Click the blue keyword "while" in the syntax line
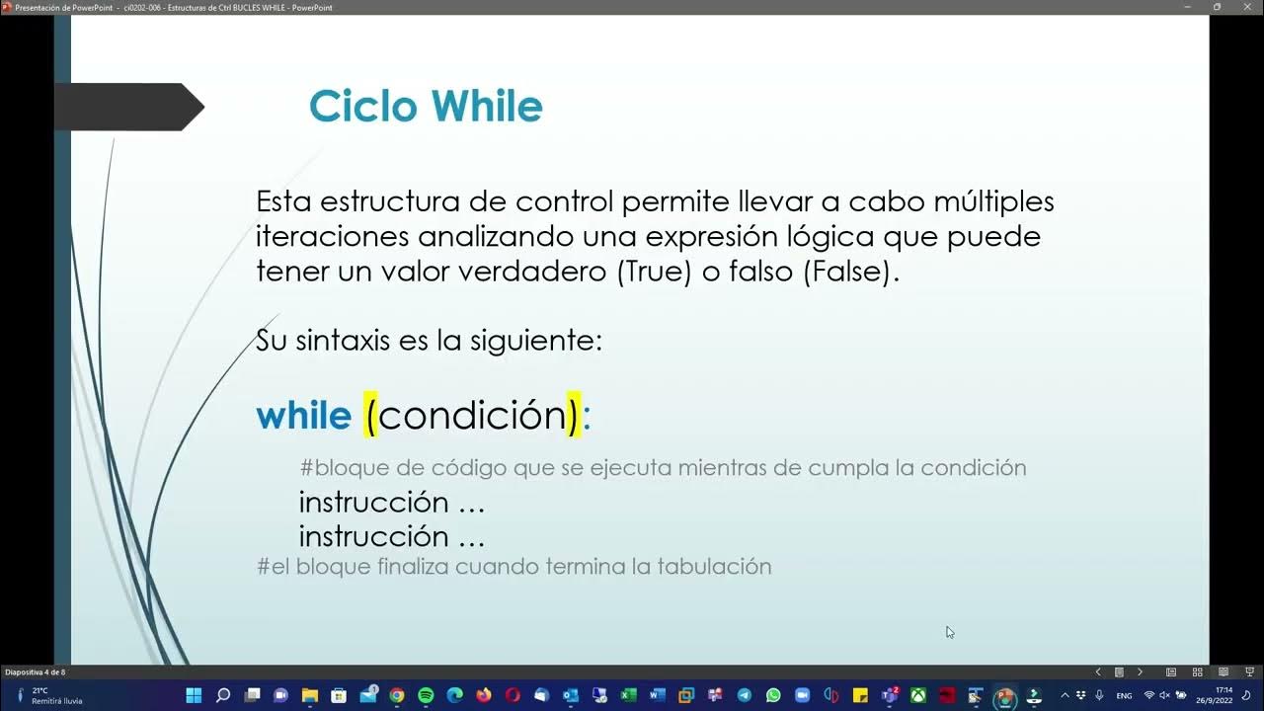pos(303,416)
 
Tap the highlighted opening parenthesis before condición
pos(370,416)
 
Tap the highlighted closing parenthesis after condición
pos(572,416)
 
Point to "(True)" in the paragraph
pos(653,272)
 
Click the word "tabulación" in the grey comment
pos(716,567)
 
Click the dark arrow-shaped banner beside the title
pos(128,107)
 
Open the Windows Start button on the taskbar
pos(194,695)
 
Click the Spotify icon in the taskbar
pos(426,695)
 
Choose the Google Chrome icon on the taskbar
pos(397,695)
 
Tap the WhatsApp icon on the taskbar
pos(773,695)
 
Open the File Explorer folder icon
pos(310,695)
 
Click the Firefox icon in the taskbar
pos(483,695)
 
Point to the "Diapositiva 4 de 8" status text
pos(36,672)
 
